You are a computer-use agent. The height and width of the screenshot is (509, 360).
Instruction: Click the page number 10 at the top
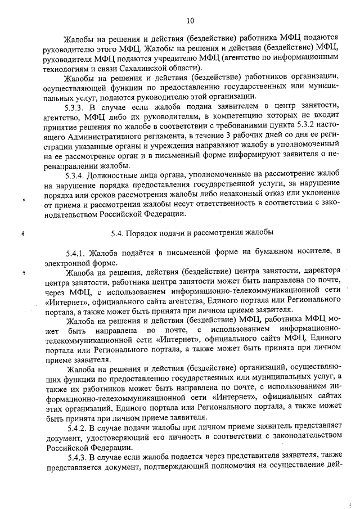point(190,21)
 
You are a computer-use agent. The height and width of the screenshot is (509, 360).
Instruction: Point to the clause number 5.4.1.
point(77,250)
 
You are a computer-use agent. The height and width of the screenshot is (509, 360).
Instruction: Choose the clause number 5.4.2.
point(77,427)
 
